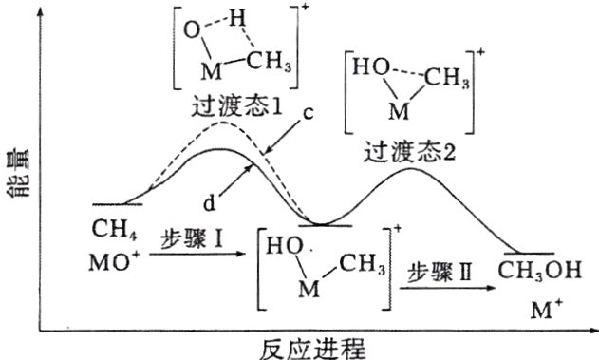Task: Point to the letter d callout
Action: click(x=208, y=201)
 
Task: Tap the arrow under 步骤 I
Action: click(x=195, y=255)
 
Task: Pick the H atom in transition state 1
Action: click(x=236, y=17)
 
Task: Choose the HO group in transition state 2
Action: click(x=365, y=67)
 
